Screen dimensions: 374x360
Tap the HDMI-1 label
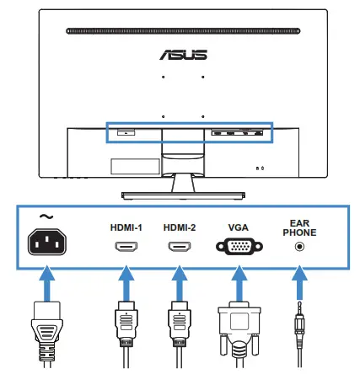126,227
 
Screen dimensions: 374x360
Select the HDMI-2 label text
179,227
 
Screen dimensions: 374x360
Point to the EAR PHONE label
297,227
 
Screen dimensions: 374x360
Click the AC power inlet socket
49,244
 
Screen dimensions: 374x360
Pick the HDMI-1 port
126,248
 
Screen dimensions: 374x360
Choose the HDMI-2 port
179,248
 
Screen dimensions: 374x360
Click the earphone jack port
298,247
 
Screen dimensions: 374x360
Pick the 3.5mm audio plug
298,333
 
